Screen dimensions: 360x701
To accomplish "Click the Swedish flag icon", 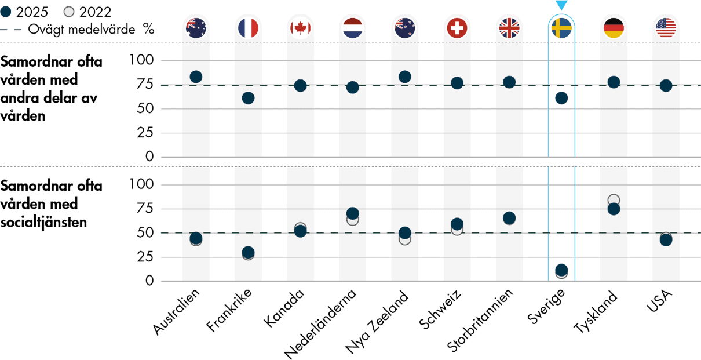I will point(561,27).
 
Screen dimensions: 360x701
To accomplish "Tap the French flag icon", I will point(248,27).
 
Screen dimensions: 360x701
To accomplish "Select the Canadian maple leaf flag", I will point(300,27).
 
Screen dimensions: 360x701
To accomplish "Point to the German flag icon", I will point(614,27).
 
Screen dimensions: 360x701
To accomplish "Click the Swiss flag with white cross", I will point(457,27).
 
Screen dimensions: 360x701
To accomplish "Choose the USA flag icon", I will point(666,27).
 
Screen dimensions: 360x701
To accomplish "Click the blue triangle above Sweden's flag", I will point(561,6).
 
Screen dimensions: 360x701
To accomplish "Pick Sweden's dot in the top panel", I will point(561,98).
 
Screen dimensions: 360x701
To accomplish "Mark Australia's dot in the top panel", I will point(196,77).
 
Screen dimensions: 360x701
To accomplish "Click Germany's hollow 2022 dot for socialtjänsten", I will point(614,200).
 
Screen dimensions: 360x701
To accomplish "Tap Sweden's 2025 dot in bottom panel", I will point(561,270).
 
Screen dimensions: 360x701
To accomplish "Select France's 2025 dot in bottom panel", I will point(248,252).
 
